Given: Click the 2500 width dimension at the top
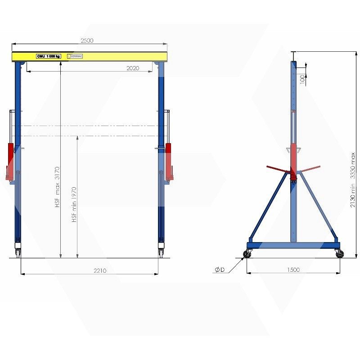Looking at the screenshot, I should point(87,40).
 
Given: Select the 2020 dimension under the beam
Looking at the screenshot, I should point(132,68).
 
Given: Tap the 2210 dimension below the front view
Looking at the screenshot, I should point(99,270).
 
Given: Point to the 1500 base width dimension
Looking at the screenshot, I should point(293,270).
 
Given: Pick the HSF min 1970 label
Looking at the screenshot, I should point(74,204).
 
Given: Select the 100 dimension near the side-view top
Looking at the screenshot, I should point(302,79).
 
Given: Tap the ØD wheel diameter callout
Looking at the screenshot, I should point(220,270).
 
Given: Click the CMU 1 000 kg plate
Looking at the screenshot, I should point(49,56).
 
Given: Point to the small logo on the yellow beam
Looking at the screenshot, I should point(75,56).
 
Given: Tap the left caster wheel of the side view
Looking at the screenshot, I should point(247,255).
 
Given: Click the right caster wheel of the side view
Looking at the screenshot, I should point(339,255).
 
